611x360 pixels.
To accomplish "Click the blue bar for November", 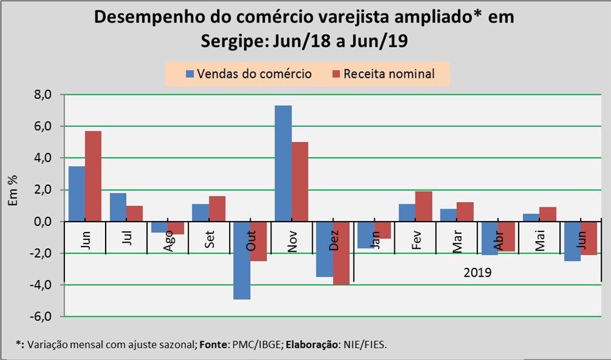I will [283, 163].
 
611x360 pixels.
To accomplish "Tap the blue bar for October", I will [242, 260].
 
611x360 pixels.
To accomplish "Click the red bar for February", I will [423, 206].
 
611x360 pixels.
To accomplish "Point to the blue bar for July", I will [118, 207].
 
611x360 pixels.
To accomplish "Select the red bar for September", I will [217, 209].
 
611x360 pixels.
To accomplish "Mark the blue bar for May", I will [531, 217].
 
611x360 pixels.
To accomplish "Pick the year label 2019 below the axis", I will [477, 273].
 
